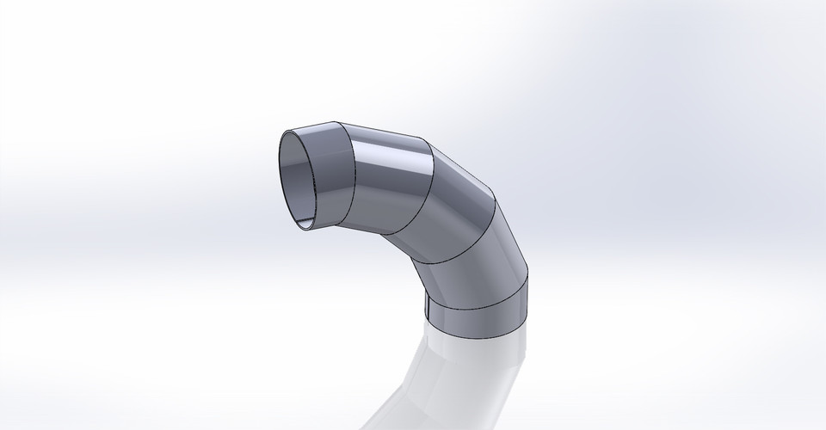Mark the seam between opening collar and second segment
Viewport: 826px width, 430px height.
click(348, 172)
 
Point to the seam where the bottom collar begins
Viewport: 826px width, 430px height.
click(478, 302)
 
